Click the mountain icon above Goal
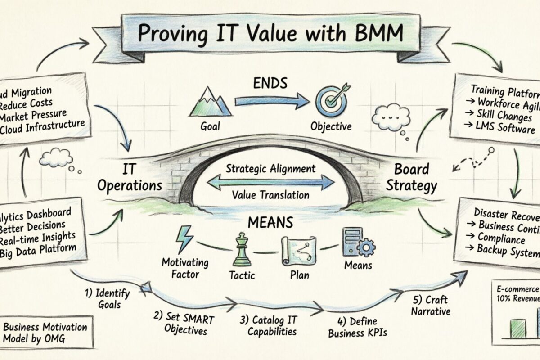point(211,102)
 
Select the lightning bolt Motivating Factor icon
point(184,240)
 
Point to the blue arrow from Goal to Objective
point(269,102)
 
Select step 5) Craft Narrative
point(431,305)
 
